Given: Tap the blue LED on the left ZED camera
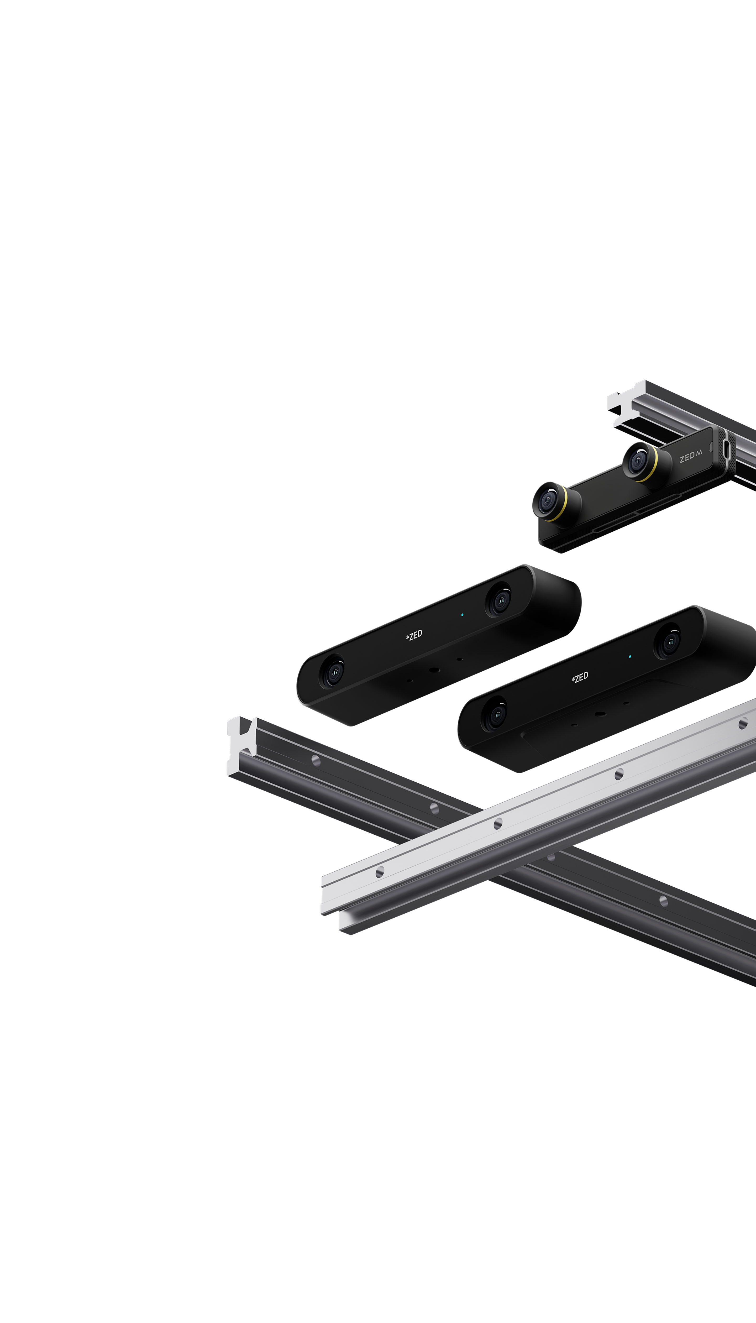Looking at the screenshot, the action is click(x=462, y=615).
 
